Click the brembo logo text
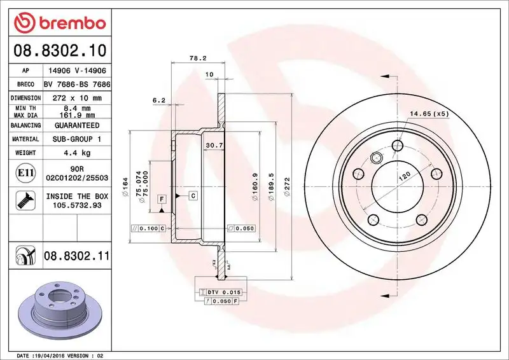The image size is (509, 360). coord(69,24)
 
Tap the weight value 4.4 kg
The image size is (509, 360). coord(77,153)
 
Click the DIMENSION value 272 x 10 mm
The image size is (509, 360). coord(77,98)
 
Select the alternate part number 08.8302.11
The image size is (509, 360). coord(77,256)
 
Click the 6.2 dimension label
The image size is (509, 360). coord(158,100)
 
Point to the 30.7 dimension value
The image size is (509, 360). coord(213,146)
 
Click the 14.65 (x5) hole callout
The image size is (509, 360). coord(429,114)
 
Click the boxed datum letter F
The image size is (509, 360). coord(162,199)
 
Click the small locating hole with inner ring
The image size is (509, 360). coord(376,158)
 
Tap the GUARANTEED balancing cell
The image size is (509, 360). coord(77,125)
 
